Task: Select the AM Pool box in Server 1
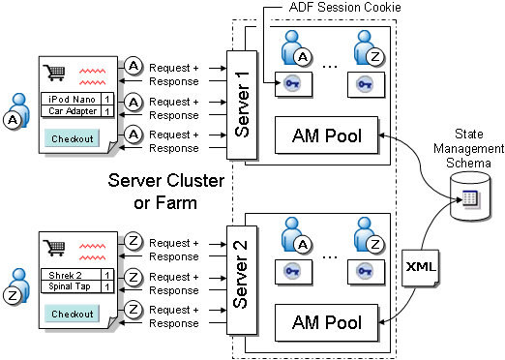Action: pos(327,136)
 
